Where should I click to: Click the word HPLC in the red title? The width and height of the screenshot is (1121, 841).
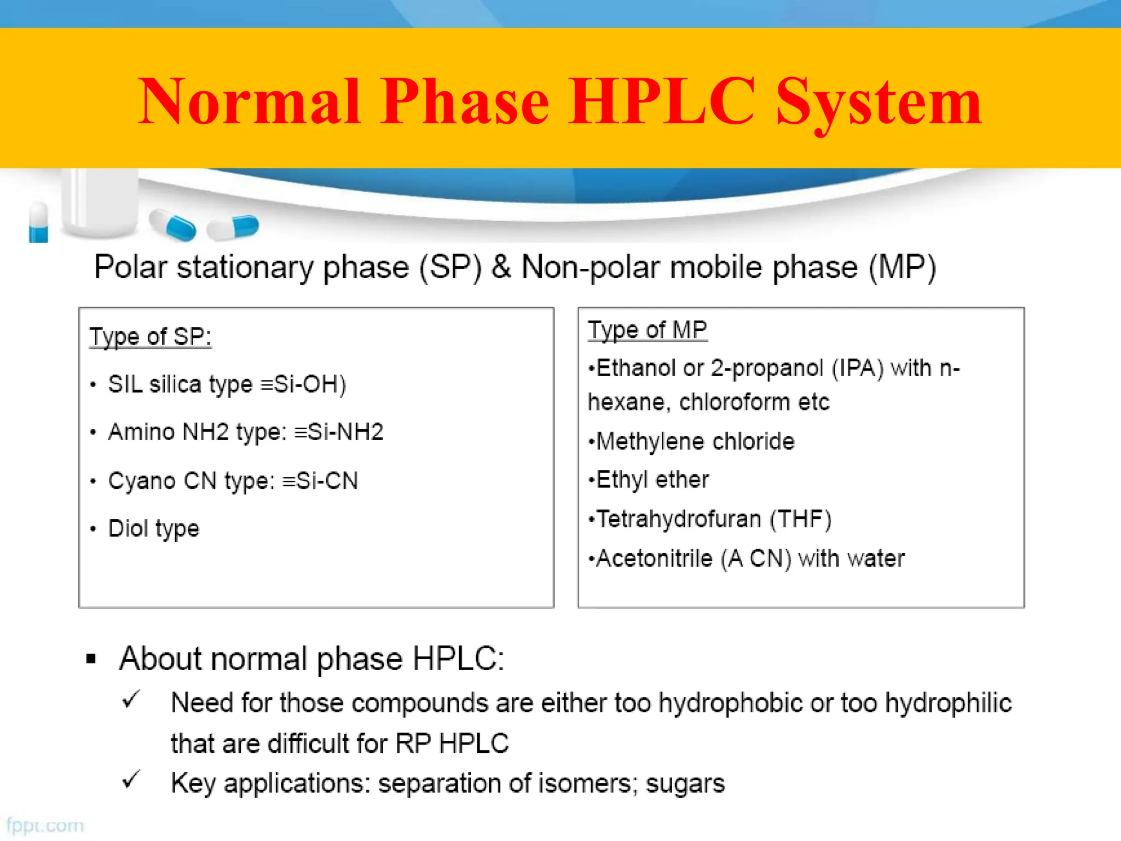662,102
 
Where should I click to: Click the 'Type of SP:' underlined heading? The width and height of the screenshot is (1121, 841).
150,336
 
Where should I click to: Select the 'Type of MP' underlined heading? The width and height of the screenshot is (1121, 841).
648,330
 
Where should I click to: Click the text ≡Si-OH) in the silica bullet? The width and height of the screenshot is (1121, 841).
303,384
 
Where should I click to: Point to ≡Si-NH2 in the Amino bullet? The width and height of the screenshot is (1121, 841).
339,432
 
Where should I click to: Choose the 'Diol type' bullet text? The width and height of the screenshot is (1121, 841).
154,529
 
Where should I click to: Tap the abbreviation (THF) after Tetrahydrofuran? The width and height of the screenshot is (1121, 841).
801,519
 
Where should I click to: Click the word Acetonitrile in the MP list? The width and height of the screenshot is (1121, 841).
654,559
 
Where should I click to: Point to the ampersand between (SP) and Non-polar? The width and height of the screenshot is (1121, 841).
501,268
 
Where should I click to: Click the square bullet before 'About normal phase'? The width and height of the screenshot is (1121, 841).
91,659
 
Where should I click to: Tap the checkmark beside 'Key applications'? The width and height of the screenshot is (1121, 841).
131,780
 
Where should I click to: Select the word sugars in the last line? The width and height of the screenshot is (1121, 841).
685,784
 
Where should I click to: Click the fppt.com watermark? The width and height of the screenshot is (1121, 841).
45,825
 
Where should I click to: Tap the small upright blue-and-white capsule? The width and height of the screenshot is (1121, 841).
38,222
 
